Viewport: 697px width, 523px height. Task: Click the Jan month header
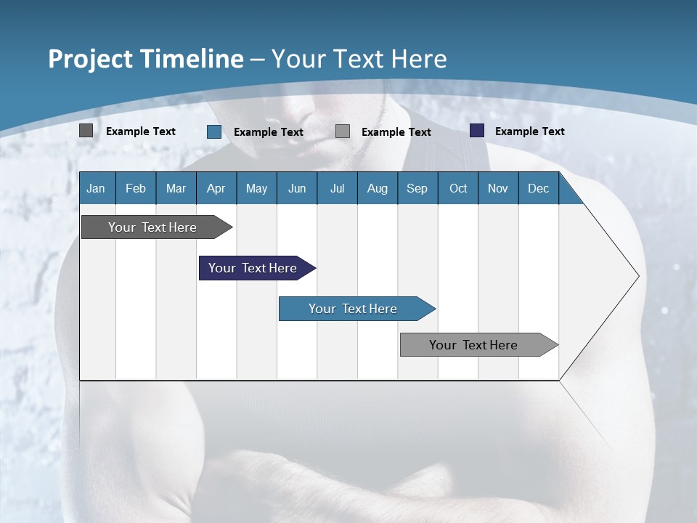[96, 188]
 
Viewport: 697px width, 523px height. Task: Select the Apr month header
[216, 188]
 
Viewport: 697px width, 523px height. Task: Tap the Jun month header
[297, 188]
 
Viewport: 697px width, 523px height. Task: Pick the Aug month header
[377, 188]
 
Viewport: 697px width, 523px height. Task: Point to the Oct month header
[458, 188]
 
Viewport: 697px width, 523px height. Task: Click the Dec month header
[538, 188]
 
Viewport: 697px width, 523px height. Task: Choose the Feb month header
[136, 188]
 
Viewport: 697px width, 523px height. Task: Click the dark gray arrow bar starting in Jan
[152, 227]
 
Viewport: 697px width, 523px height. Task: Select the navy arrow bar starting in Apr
[253, 268]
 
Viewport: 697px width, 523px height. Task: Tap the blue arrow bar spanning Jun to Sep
[353, 309]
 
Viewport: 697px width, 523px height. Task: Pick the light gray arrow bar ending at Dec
[473, 345]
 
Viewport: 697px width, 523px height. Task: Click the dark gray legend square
[86, 131]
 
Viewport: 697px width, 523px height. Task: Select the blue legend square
[214, 131]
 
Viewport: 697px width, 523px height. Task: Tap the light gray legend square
[343, 131]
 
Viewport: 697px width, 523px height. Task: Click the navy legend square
[477, 131]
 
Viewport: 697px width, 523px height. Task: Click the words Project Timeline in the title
[145, 59]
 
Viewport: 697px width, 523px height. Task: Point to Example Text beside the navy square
[529, 131]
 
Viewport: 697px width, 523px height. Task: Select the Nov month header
[498, 188]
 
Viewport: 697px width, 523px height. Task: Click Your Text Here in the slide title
[359, 59]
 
